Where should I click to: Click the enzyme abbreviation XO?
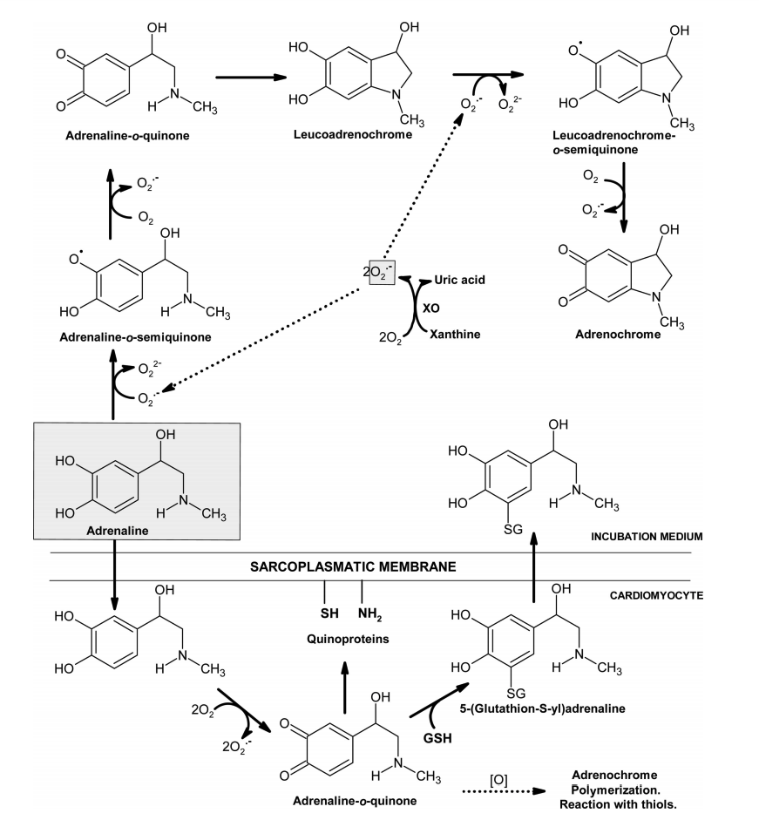(x=429, y=308)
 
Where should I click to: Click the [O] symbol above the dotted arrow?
(x=499, y=780)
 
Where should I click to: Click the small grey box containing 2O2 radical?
(x=382, y=272)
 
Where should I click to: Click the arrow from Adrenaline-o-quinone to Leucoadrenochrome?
(x=251, y=78)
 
